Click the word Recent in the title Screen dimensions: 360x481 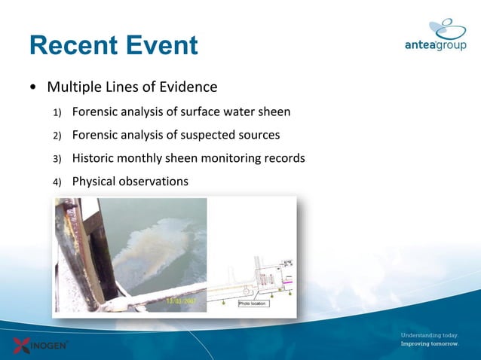[x=71, y=45]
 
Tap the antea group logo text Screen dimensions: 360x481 [x=435, y=45]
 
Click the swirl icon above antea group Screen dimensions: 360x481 [x=450, y=28]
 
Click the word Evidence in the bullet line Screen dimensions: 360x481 [x=189, y=87]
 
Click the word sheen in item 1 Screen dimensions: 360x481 [x=273, y=112]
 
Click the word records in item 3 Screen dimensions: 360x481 [x=283, y=158]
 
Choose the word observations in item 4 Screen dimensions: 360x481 [x=154, y=182]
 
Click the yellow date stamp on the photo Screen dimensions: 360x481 [x=181, y=303]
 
